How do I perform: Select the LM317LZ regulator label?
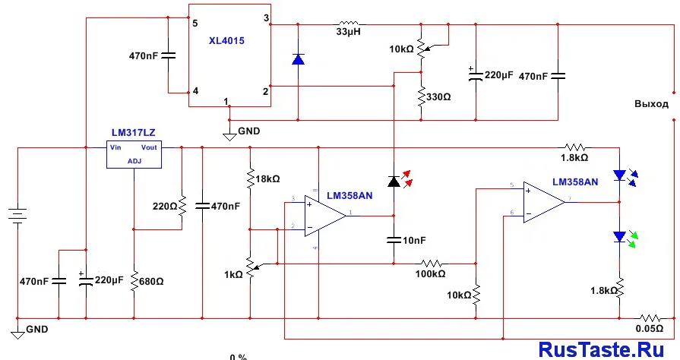[132, 133]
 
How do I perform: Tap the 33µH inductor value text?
[348, 33]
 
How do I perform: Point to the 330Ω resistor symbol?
[419, 96]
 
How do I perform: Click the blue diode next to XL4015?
[298, 59]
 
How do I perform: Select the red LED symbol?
[394, 181]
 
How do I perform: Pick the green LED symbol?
[621, 237]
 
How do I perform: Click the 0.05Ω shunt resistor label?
[650, 329]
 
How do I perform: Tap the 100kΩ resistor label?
[431, 273]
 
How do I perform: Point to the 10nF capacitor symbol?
[394, 240]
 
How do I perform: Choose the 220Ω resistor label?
[165, 206]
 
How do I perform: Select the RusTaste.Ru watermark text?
[605, 349]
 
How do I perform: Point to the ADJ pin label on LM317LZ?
[134, 161]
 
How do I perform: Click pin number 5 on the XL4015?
[195, 23]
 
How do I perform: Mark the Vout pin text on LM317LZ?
[149, 147]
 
